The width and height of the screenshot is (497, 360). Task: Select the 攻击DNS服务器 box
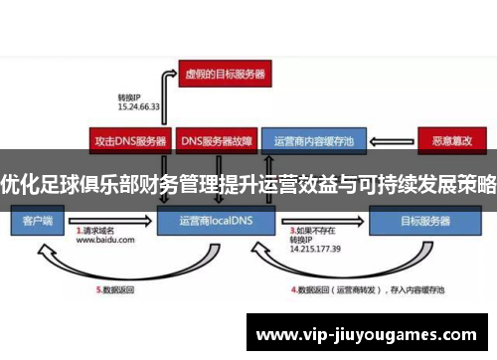tap(129, 140)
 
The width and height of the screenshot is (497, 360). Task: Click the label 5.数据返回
tap(116, 290)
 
